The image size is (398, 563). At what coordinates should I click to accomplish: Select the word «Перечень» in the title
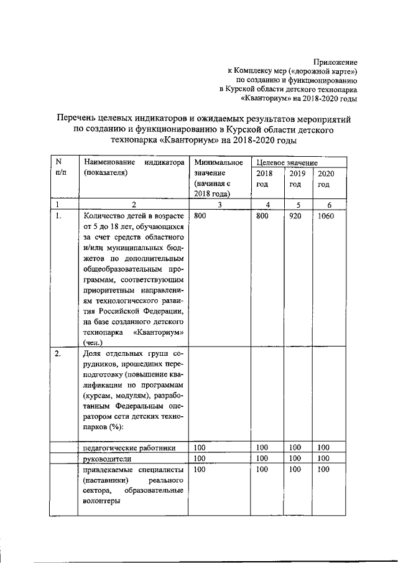(76, 118)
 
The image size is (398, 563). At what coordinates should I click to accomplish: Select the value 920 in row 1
(294, 216)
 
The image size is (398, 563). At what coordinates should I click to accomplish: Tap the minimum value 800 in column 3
(200, 216)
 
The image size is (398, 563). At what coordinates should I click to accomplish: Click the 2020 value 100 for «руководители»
(323, 458)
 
